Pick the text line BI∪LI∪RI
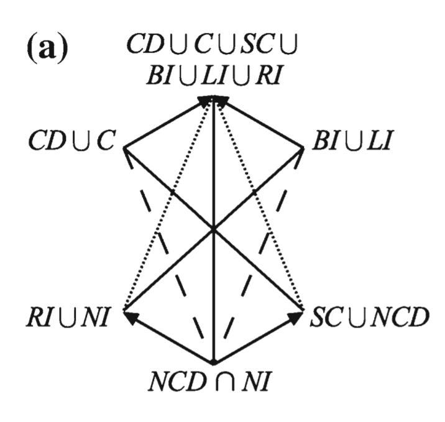[x=214, y=76]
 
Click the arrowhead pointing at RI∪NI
[x=131, y=318]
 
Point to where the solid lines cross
[x=213, y=229]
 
